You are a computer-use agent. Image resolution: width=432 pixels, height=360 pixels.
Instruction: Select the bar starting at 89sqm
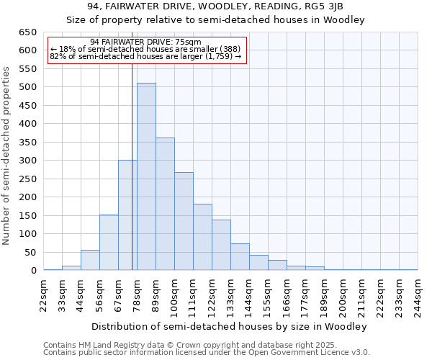[165, 204]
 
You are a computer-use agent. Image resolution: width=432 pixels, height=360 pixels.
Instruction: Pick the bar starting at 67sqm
[127, 216]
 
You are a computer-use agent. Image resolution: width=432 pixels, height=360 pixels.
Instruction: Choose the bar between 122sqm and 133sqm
[221, 246]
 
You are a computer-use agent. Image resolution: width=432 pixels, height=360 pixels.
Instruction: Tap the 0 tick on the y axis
[33, 271]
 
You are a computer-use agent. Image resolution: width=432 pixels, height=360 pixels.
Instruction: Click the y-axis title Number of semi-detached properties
[7, 155]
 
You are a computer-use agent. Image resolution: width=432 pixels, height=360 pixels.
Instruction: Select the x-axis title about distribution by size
[230, 326]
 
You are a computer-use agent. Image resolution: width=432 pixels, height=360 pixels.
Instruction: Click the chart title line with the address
[216, 7]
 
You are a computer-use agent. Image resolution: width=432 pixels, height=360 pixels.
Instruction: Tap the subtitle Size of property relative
[216, 20]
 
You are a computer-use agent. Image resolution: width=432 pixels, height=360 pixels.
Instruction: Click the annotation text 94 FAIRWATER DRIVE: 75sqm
[146, 42]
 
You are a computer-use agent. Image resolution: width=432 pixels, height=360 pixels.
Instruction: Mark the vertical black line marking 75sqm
[132, 180]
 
